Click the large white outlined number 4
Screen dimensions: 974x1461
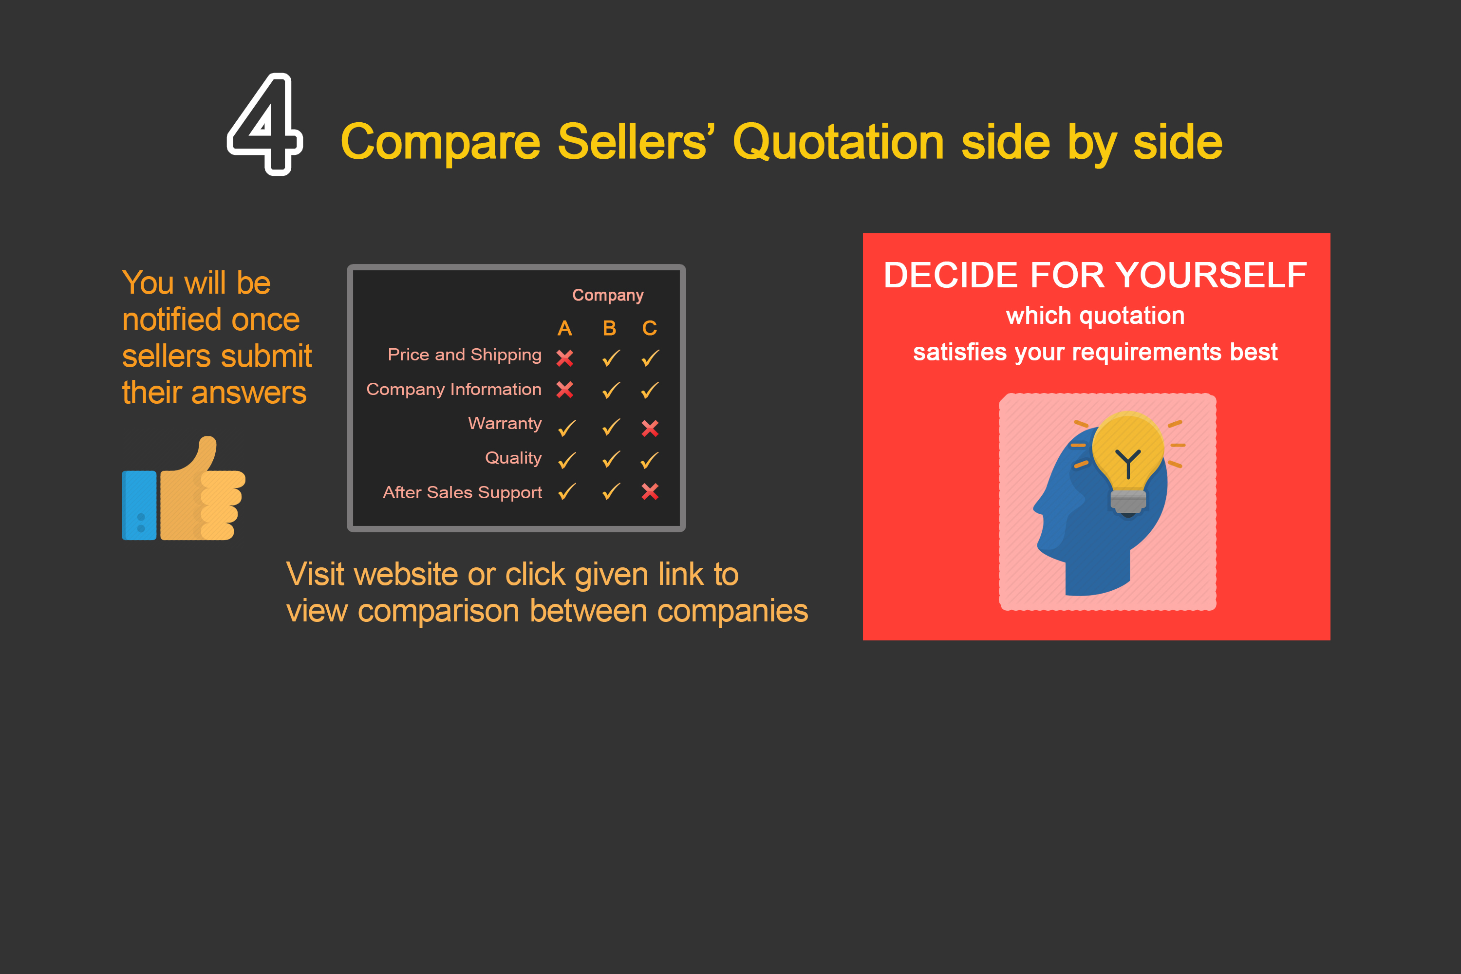(265, 124)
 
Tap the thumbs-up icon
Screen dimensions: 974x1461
(184, 489)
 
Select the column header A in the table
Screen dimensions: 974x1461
(564, 328)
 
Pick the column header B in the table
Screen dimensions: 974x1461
(609, 328)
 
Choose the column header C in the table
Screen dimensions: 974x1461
(650, 328)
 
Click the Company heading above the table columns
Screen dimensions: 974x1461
(607, 295)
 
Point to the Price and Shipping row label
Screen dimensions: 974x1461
(465, 355)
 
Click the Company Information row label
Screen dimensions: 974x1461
(454, 390)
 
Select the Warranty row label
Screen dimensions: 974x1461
(505, 424)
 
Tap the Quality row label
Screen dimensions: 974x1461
(513, 458)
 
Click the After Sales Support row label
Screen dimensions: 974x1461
(462, 492)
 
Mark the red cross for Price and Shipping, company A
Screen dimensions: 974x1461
(564, 358)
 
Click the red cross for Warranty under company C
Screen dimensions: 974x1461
(650, 428)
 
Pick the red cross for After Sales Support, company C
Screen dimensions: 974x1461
(650, 491)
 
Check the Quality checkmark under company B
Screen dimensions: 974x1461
(611, 460)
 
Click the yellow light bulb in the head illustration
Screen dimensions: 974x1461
(1127, 453)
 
